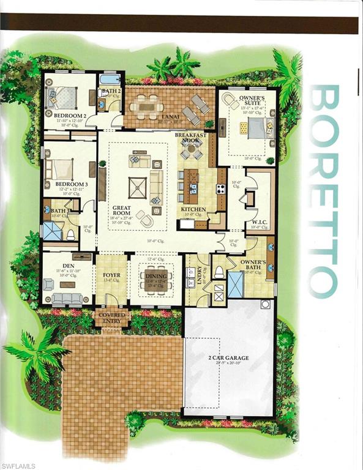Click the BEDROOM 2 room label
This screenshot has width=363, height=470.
[69, 114]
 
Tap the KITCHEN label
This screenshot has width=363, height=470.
[193, 210]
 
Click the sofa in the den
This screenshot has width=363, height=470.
[67, 298]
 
